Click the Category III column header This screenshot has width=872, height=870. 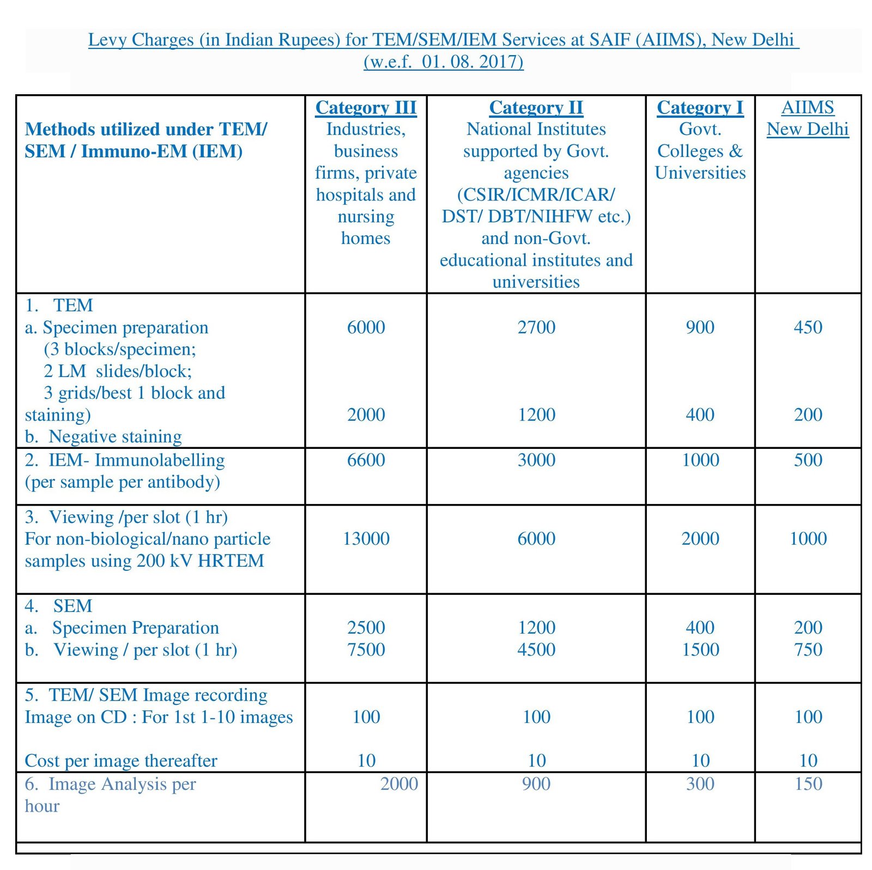point(366,107)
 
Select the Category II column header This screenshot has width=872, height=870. point(536,107)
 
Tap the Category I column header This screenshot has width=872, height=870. point(700,107)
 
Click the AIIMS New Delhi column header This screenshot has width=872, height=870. point(808,118)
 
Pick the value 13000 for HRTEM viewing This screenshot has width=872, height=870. point(366,539)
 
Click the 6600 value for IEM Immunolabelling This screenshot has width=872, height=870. point(366,460)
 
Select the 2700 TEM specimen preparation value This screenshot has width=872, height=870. point(536,327)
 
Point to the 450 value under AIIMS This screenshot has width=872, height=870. point(808,327)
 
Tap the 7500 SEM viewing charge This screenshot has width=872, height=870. point(366,649)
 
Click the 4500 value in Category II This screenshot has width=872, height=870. point(536,649)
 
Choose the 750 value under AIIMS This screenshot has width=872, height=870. point(808,649)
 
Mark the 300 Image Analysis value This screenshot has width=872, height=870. point(700,784)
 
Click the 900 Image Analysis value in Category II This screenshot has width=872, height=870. point(536,784)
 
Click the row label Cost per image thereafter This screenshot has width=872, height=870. point(121,761)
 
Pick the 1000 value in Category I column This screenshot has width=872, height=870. point(700,460)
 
